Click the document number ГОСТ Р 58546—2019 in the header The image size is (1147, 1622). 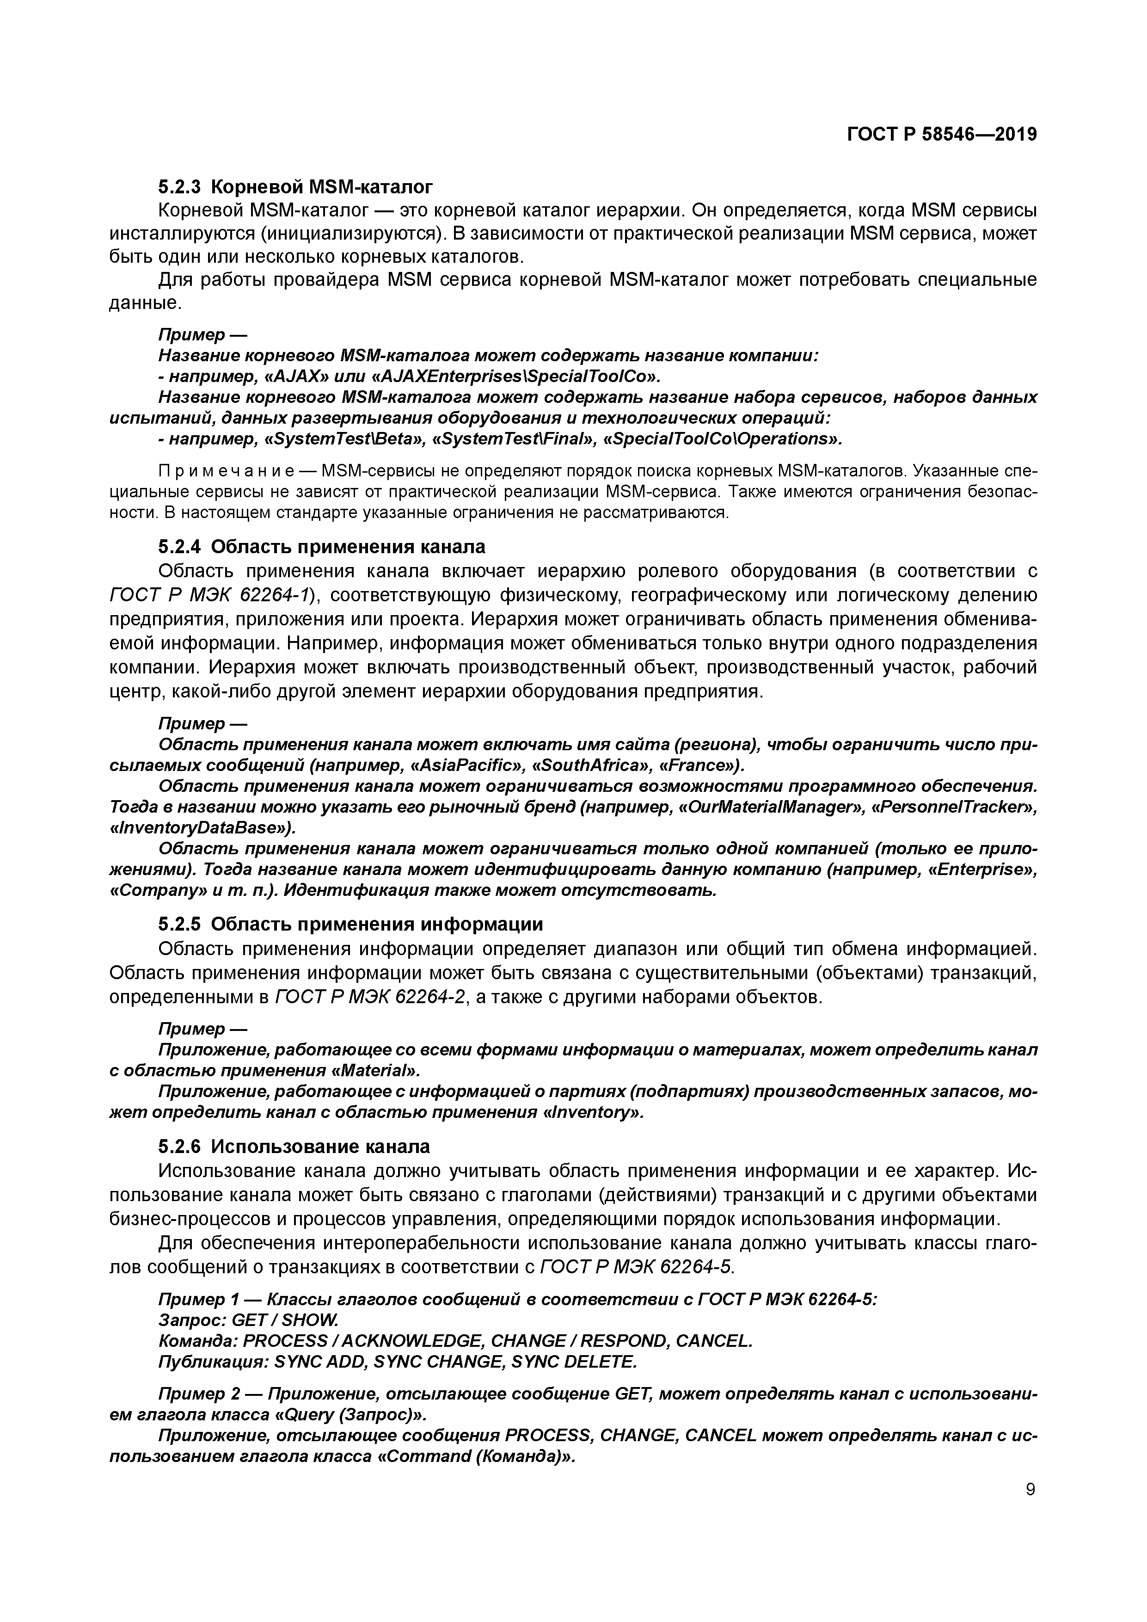941,134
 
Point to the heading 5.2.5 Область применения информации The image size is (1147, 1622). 350,924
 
